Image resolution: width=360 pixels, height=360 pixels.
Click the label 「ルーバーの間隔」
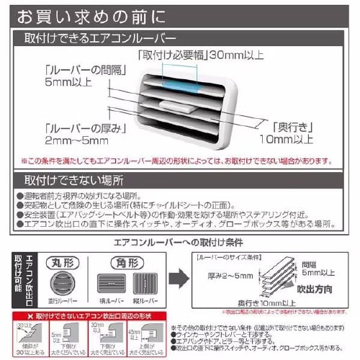point(73,69)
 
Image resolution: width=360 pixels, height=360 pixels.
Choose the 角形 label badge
point(129,262)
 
